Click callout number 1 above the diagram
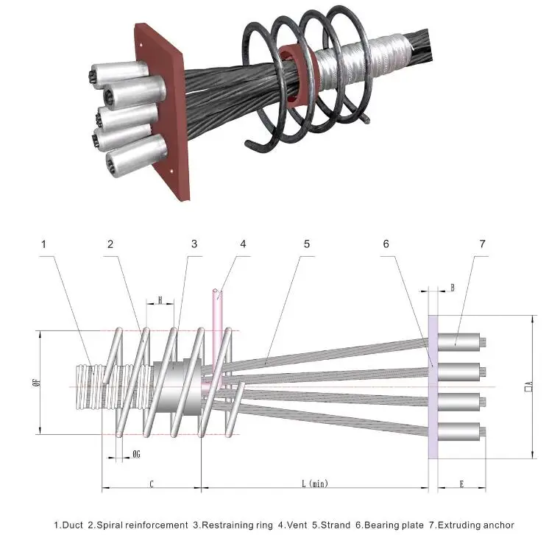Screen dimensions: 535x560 [43, 244]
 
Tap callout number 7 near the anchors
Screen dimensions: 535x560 [483, 244]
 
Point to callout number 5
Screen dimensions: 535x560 [303, 244]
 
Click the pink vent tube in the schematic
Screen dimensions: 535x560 [219, 324]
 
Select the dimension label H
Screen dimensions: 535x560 [161, 300]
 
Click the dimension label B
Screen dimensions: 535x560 [452, 288]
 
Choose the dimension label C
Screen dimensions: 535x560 [151, 483]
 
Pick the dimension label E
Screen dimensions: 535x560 [461, 483]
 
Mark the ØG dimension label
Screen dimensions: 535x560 [135, 454]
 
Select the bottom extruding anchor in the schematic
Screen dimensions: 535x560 [461, 430]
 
